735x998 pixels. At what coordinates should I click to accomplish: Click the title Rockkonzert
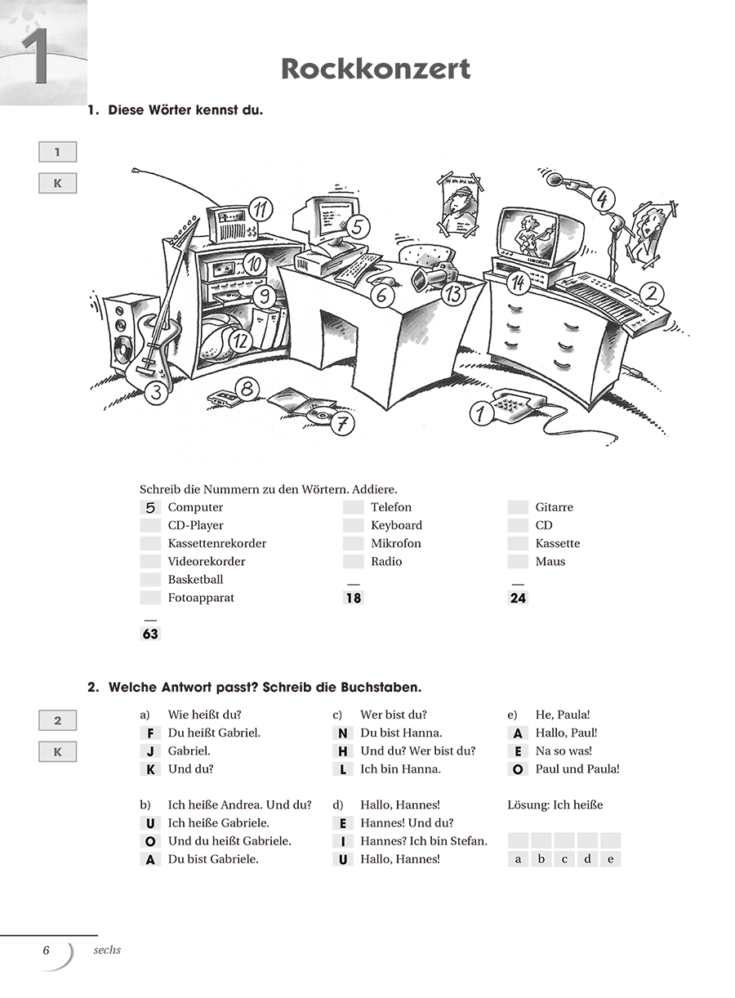(376, 69)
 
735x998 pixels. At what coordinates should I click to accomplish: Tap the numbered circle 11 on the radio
(261, 209)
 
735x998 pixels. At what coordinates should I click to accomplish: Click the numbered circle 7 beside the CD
(344, 423)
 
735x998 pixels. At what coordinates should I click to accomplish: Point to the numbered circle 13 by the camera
(453, 293)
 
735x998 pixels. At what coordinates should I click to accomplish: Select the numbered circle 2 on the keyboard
(651, 294)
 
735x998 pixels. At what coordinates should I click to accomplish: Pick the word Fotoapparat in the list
(201, 598)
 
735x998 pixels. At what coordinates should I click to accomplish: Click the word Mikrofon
(396, 544)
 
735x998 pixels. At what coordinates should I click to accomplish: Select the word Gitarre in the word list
(555, 508)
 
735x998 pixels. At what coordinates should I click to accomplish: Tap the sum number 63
(150, 634)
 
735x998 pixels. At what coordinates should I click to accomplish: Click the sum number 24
(518, 598)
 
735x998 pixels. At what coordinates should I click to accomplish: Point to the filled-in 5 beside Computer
(150, 508)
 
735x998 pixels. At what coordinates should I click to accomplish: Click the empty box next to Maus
(518, 562)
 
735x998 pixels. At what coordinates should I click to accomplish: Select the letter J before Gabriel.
(150, 751)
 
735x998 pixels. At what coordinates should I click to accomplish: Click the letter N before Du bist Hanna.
(343, 733)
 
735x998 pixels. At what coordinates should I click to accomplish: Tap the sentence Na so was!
(563, 751)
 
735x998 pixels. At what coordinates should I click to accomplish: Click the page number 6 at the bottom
(47, 950)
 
